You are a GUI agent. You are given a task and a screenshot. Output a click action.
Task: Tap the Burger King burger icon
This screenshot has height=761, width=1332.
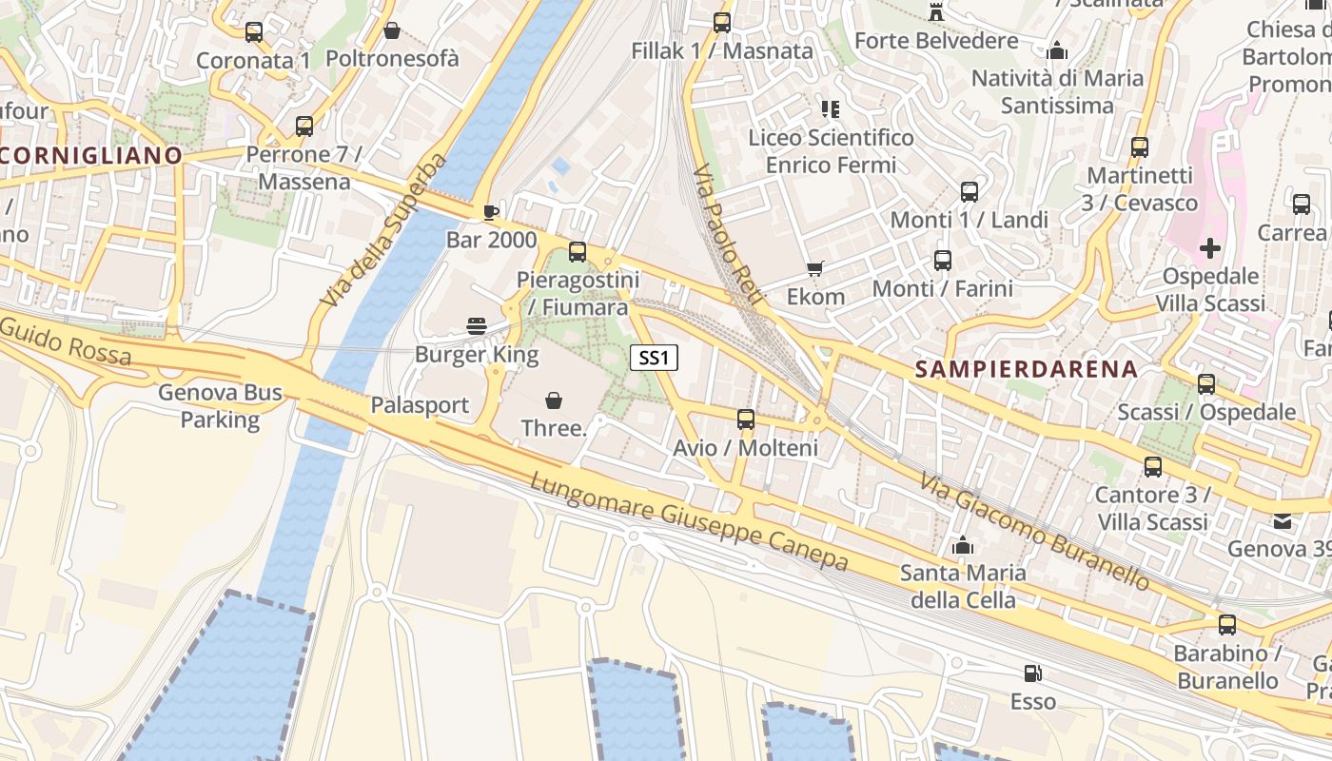point(477,326)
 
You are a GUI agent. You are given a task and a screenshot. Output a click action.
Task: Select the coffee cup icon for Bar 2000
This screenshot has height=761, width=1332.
point(490,211)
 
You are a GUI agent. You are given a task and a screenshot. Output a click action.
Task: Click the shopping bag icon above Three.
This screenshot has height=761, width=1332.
point(553,400)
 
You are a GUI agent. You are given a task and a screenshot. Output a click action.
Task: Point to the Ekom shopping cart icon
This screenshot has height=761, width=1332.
point(814,269)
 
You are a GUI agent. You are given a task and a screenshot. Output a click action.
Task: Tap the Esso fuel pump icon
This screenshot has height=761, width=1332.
point(1031,673)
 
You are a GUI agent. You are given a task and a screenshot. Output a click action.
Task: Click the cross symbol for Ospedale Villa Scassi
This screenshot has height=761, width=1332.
point(1209,249)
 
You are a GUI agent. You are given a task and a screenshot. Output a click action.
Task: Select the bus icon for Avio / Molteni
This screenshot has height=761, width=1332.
point(746,419)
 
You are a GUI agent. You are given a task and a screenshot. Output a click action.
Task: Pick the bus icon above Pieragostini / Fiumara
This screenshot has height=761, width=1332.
point(578,252)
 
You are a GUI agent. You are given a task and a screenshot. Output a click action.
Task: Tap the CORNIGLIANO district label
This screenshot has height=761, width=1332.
point(90,155)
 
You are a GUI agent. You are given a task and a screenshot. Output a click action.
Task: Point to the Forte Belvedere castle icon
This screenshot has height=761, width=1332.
point(936,12)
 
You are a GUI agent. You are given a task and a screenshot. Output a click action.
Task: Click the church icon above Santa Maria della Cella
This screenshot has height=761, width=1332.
point(963,546)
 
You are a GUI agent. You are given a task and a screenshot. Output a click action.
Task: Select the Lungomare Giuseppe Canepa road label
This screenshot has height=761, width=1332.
point(689,522)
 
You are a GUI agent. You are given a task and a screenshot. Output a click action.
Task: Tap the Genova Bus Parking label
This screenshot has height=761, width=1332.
point(220,405)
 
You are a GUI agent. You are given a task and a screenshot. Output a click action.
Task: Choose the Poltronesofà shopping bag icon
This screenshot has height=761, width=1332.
point(391,30)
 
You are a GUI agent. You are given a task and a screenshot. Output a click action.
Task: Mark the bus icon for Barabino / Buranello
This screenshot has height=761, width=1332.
point(1227,625)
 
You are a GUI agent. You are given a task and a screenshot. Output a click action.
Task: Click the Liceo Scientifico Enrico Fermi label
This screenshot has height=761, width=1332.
point(831,151)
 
